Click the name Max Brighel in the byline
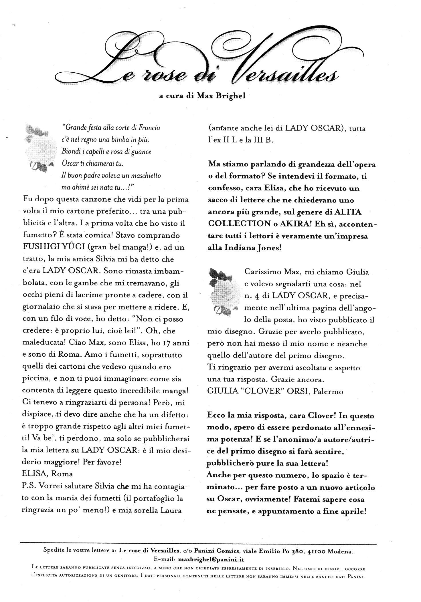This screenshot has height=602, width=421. tap(221, 96)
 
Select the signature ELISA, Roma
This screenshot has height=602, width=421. tap(47, 474)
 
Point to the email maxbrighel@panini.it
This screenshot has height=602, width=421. tap(211, 559)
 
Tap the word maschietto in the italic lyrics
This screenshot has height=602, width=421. tap(143, 176)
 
